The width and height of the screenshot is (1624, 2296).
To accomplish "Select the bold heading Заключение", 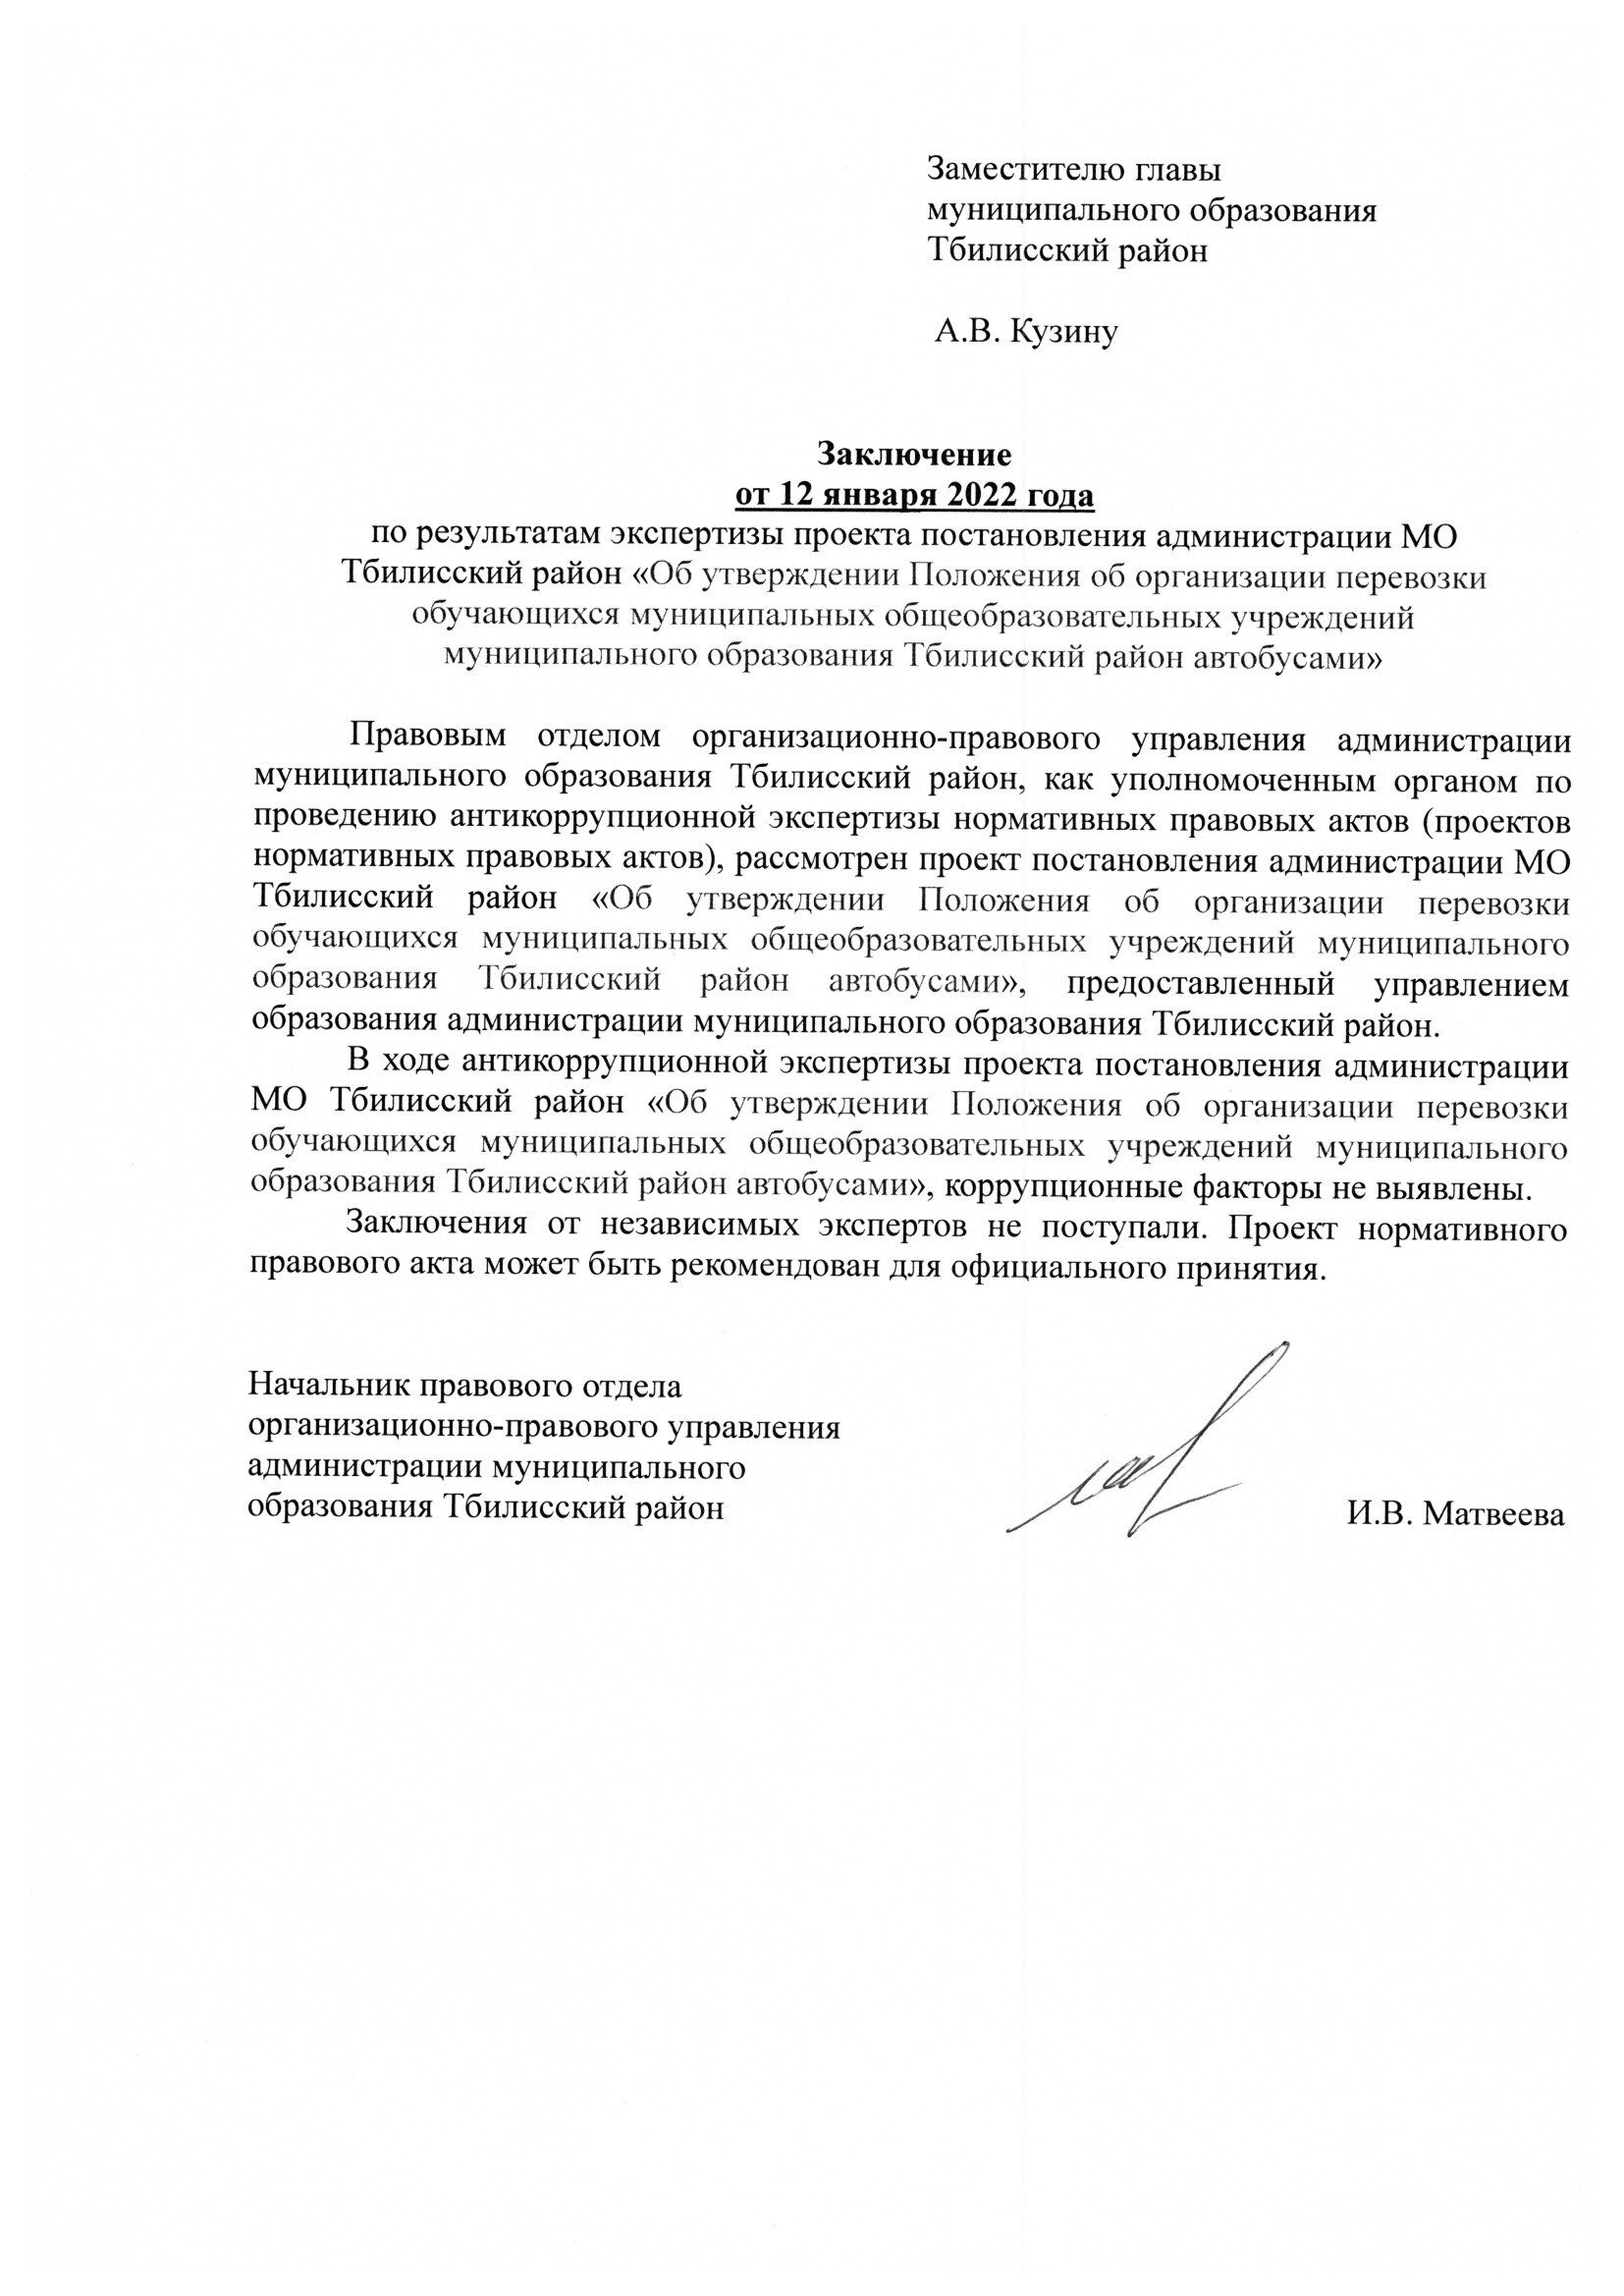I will [915, 454].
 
